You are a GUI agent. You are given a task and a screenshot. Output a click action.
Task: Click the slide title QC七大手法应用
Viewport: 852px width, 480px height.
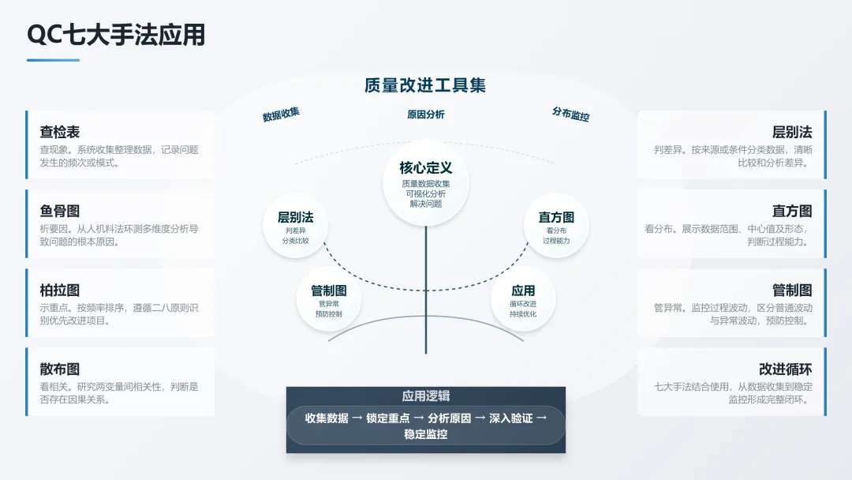pyautogui.click(x=116, y=35)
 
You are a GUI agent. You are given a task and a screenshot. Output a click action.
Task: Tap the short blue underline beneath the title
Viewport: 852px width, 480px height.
pyautogui.click(x=53, y=60)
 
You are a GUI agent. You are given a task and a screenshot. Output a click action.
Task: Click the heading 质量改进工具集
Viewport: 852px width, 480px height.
pyautogui.click(x=425, y=85)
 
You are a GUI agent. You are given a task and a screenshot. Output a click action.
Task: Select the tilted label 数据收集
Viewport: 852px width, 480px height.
pyautogui.click(x=281, y=114)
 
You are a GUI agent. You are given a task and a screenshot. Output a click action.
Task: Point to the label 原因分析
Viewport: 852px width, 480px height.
pyautogui.click(x=426, y=114)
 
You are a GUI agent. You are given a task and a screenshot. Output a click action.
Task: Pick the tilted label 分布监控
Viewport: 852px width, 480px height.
pyautogui.click(x=570, y=114)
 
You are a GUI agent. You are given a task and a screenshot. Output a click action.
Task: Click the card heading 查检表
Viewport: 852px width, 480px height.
pyautogui.click(x=60, y=132)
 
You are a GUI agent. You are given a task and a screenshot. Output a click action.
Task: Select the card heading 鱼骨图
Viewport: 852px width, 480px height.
pyautogui.click(x=60, y=211)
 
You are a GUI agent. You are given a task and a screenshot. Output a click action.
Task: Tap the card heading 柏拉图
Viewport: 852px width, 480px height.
pyautogui.click(x=60, y=290)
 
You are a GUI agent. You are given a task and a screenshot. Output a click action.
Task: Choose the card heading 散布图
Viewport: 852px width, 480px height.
pyautogui.click(x=60, y=369)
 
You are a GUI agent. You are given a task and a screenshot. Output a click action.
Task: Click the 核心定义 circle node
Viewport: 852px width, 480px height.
pyautogui.click(x=426, y=185)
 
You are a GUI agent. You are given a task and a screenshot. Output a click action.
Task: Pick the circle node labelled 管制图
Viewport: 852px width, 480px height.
pyautogui.click(x=329, y=300)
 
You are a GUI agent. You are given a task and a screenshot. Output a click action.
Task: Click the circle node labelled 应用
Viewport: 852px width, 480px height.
pyautogui.click(x=523, y=300)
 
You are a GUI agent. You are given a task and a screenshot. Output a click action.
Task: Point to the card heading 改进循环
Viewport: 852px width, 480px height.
pyautogui.click(x=785, y=369)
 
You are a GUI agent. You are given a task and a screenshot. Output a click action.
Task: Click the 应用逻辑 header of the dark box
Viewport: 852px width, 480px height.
pyautogui.click(x=426, y=396)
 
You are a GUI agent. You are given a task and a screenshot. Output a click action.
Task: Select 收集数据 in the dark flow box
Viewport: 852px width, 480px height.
pyautogui.click(x=327, y=418)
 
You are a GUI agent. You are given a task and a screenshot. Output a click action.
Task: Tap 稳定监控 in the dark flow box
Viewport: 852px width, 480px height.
pyautogui.click(x=426, y=433)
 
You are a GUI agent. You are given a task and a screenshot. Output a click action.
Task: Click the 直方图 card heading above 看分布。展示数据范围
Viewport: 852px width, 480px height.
pyautogui.click(x=792, y=211)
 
